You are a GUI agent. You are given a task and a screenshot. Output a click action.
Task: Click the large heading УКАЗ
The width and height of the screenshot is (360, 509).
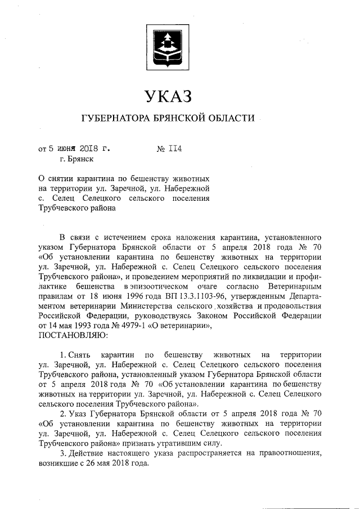click(169, 97)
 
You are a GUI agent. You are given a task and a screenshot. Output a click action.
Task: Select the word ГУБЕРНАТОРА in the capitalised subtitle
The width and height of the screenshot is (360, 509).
click(114, 119)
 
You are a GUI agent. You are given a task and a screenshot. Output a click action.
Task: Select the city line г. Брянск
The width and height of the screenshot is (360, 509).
click(69, 160)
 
